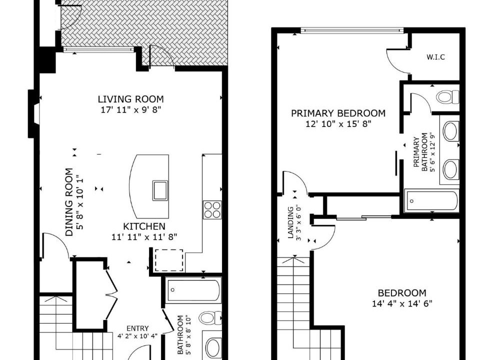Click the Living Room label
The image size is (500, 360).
point(130,99)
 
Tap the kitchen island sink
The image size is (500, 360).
point(160,190)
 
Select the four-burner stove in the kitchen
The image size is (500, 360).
point(212,210)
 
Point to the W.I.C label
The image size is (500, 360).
point(435,57)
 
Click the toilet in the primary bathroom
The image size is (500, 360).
point(447,96)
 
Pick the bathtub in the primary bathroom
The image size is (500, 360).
point(431,201)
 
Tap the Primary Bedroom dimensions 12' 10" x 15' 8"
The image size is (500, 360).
point(338,123)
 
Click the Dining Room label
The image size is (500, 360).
point(69,202)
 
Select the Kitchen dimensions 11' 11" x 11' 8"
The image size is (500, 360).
point(144,237)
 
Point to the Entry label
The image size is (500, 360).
point(137,329)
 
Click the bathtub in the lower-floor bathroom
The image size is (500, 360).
point(193,290)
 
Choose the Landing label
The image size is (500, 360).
point(290,222)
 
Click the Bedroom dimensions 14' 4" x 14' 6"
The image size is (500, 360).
point(402,303)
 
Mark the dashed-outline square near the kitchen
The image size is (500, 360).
point(169,260)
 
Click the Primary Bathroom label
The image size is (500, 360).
point(420,154)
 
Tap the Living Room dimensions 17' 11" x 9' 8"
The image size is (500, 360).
point(130,110)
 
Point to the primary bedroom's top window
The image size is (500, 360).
point(351,30)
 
